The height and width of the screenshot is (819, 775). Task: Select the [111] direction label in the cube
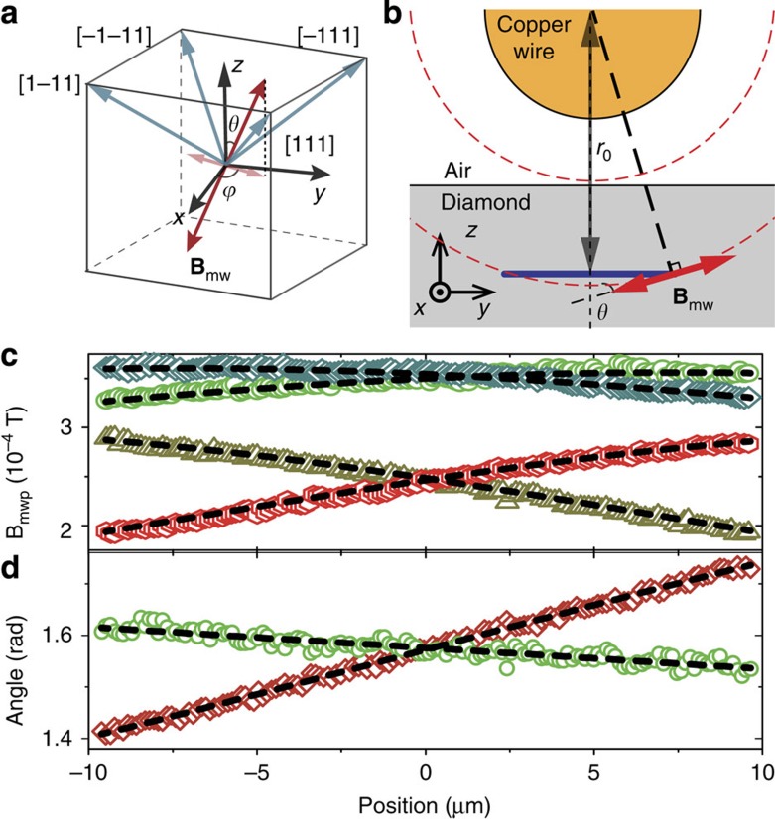[310, 145]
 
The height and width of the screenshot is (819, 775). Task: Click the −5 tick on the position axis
[256, 770]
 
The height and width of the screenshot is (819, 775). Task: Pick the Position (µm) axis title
[425, 800]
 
